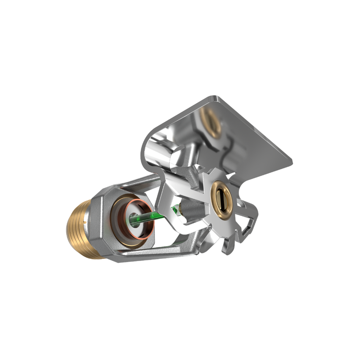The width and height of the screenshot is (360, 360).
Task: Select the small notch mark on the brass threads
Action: pyautogui.click(x=84, y=220)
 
